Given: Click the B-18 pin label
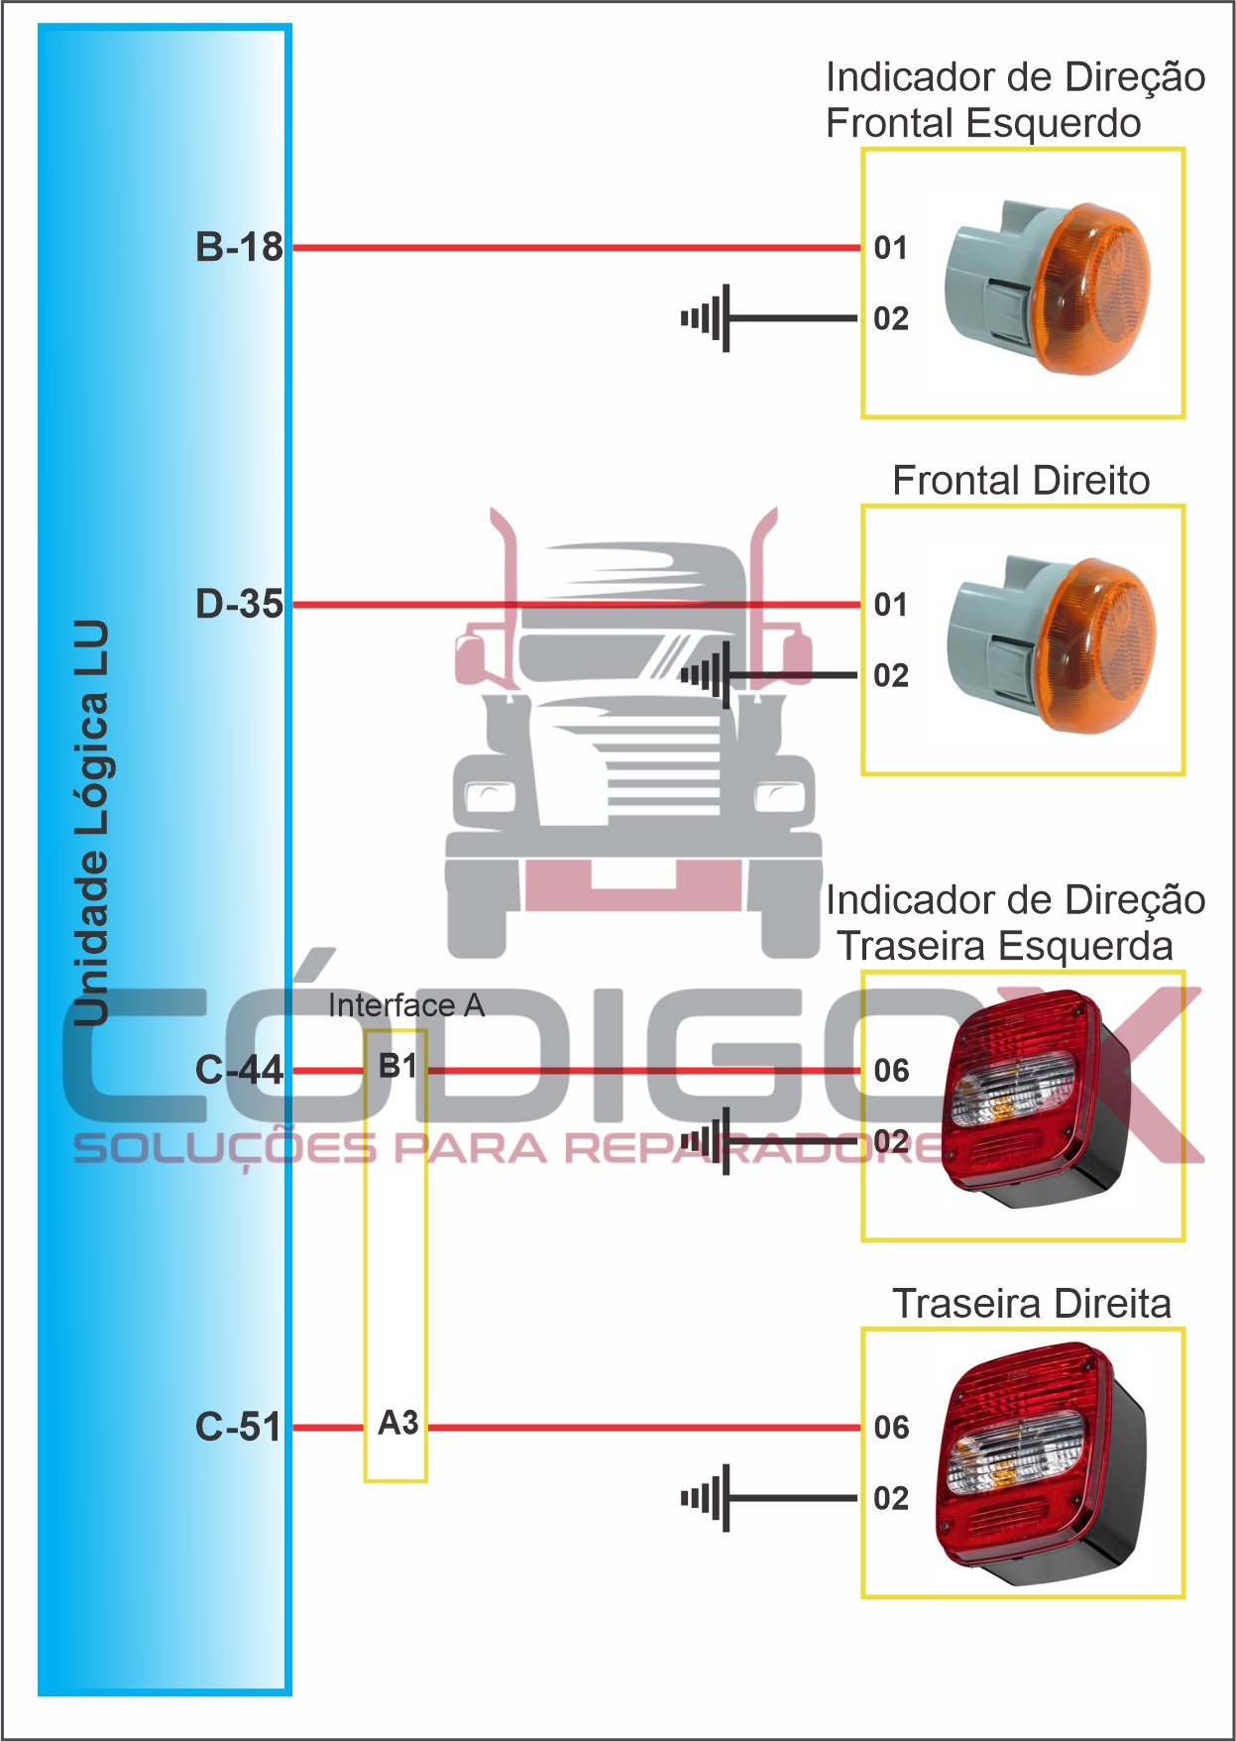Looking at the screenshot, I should pyautogui.click(x=239, y=247).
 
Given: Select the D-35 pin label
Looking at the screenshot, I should pyautogui.click(x=239, y=604).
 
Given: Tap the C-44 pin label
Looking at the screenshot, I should pyautogui.click(x=239, y=1070).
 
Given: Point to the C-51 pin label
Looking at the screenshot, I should pyautogui.click(x=239, y=1427).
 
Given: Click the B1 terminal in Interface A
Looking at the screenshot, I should pyautogui.click(x=397, y=1066).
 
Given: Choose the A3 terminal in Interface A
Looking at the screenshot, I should pyautogui.click(x=397, y=1423).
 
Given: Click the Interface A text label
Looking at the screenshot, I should pyautogui.click(x=406, y=1005).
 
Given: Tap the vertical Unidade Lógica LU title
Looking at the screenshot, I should pyautogui.click(x=91, y=823).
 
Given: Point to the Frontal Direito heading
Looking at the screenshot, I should pyautogui.click(x=1021, y=481).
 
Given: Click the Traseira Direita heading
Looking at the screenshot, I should pyautogui.click(x=1031, y=1304).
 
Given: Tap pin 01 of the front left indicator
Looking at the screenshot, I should pyautogui.click(x=890, y=248).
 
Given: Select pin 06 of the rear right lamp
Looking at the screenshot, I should pyautogui.click(x=891, y=1428).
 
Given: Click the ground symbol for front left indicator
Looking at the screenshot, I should pyautogui.click(x=708, y=318).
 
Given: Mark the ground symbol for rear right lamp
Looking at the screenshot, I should pyautogui.click(x=708, y=1498).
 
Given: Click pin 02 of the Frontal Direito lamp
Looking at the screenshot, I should pyautogui.click(x=890, y=676).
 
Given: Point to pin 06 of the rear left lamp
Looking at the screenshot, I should pyautogui.click(x=891, y=1071).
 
